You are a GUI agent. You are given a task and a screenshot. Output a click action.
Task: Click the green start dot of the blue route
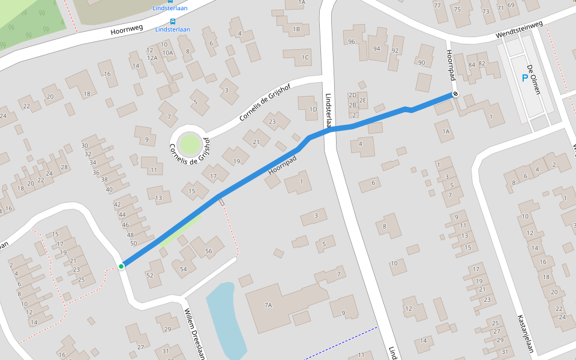(121, 266)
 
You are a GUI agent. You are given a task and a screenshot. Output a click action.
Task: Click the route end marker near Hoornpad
(455, 94)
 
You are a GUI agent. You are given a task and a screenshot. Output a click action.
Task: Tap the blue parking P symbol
(525, 78)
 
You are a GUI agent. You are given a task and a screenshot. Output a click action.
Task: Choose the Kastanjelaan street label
(524, 335)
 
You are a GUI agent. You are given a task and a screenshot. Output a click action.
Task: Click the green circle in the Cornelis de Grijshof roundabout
(189, 144)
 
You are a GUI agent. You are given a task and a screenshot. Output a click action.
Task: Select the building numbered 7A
(268, 305)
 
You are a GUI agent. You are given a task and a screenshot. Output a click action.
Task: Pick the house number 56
(209, 251)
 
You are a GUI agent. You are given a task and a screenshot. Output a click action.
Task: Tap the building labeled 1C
(305, 58)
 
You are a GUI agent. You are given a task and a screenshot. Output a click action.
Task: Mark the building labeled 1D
(313, 109)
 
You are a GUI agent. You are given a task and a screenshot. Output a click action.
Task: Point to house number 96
(352, 41)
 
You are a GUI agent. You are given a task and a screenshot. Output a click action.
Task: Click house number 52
(150, 275)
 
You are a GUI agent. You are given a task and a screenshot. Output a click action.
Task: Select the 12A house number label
(152, 58)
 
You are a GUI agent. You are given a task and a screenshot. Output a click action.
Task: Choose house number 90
(421, 62)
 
